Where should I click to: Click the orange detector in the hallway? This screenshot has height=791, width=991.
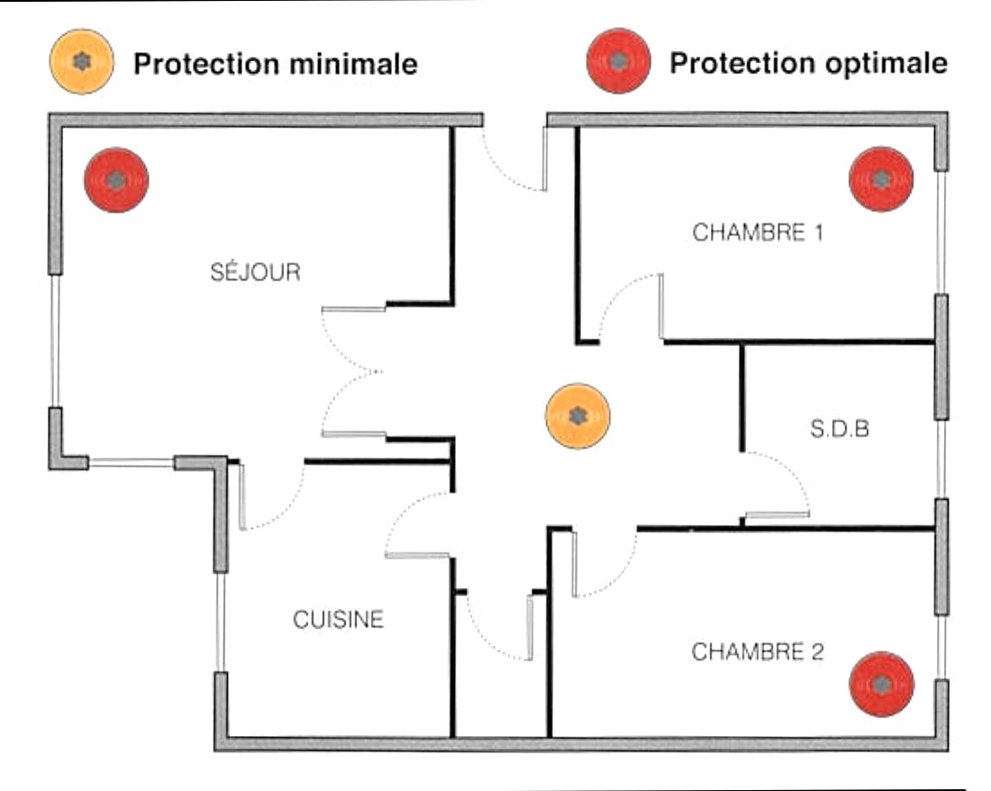pyautogui.click(x=578, y=416)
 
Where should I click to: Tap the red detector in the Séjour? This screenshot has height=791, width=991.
pyautogui.click(x=116, y=180)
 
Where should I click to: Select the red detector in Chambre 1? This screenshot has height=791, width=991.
pyautogui.click(x=881, y=179)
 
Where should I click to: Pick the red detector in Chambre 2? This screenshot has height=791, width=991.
pyautogui.click(x=882, y=685)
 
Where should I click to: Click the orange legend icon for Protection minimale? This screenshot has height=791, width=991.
pyautogui.click(x=82, y=61)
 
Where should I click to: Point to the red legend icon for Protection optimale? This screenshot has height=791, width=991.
pyautogui.click(x=618, y=61)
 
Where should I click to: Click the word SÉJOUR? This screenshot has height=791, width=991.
pyautogui.click(x=255, y=272)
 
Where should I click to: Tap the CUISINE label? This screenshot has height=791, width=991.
pyautogui.click(x=338, y=620)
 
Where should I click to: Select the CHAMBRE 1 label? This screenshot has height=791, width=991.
pyautogui.click(x=758, y=232)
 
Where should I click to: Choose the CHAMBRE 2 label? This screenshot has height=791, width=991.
pyautogui.click(x=758, y=651)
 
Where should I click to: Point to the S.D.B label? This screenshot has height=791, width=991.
pyautogui.click(x=840, y=429)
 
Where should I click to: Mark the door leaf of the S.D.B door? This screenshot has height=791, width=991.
pyautogui.click(x=777, y=515)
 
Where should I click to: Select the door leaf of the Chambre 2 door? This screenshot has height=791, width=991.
pyautogui.click(x=573, y=563)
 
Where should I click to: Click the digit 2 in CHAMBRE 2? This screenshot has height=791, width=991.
pyautogui.click(x=816, y=651)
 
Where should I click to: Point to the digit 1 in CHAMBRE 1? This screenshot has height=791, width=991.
pyautogui.click(x=817, y=232)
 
